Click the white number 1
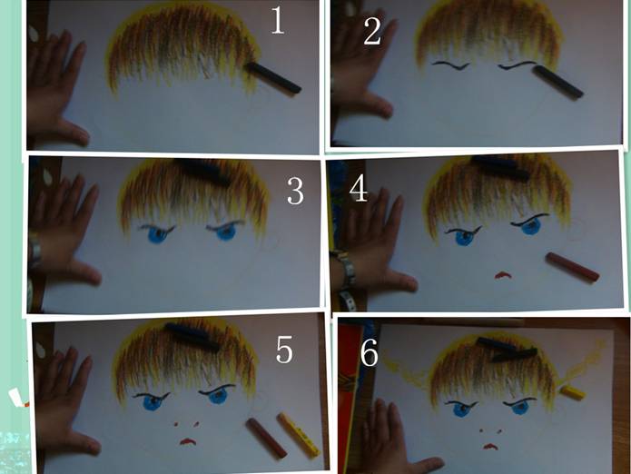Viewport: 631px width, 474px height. pos(278,20)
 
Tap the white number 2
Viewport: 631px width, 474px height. pos(372,32)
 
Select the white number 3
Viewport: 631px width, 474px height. pos(295,191)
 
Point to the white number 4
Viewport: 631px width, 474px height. pos(358,189)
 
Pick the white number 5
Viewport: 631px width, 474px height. pos(284,351)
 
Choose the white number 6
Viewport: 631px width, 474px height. pos(369,352)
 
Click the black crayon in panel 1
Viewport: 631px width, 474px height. pos(273,77)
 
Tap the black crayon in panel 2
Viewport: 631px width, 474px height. pos(557,82)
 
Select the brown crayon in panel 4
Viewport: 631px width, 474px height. pos(572,268)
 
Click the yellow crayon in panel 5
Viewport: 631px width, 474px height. pos(298,435)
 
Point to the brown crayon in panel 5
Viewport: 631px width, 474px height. pos(266,439)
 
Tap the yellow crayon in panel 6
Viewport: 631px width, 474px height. pos(573,392)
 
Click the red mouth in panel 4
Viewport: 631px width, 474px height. pos(503,276)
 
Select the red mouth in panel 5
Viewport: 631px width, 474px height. pos(188,441)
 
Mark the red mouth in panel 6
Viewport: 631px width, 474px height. pos(489,446)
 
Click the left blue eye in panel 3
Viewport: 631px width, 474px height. pos(158,233)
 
